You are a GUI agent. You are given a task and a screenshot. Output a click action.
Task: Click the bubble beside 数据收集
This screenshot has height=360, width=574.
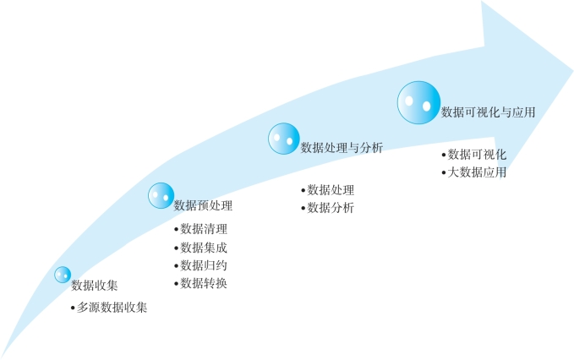[x=63, y=275]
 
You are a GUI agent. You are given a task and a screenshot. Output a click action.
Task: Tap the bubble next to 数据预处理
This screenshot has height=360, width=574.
[x=161, y=195]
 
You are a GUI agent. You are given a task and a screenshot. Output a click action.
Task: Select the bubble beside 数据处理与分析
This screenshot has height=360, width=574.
[x=284, y=139]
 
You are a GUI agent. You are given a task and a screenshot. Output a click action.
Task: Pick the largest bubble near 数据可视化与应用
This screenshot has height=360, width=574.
[x=418, y=102]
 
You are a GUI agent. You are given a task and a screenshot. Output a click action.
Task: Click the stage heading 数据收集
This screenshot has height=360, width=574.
[x=95, y=285]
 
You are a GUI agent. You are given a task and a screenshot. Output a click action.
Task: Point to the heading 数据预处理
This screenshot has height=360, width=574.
[x=203, y=205]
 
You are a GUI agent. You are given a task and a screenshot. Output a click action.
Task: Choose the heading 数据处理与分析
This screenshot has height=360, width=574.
[x=342, y=148]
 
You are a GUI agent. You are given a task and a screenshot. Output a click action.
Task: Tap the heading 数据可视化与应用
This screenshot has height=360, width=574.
[x=489, y=111]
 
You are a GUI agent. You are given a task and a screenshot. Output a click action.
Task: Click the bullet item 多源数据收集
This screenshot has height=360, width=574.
[x=112, y=308]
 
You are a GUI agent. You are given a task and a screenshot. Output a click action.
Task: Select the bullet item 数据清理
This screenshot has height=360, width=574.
[x=204, y=228]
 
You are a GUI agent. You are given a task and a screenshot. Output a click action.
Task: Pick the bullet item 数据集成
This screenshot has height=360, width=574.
[x=204, y=247]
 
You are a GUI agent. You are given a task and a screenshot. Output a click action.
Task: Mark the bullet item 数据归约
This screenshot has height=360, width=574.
[x=204, y=265]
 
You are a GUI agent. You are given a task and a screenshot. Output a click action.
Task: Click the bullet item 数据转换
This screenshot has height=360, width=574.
[x=204, y=283]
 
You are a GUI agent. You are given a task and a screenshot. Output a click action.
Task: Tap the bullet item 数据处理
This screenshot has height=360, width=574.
[x=331, y=190]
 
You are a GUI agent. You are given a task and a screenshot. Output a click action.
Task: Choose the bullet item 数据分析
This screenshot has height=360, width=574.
[x=331, y=208]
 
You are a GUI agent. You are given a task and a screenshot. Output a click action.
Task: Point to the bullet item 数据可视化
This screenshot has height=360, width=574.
[x=477, y=155]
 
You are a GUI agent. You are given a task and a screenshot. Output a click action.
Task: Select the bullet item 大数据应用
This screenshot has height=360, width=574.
[x=477, y=172]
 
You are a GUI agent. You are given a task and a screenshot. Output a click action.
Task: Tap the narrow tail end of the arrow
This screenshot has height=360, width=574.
[x=4, y=352]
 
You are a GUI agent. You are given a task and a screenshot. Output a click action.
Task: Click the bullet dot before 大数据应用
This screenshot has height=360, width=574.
[x=444, y=172]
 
